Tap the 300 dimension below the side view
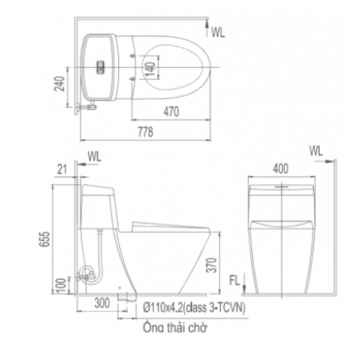click(102, 304)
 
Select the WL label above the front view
click(317, 150)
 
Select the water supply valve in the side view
click(88, 275)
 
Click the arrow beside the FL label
click(245, 289)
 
